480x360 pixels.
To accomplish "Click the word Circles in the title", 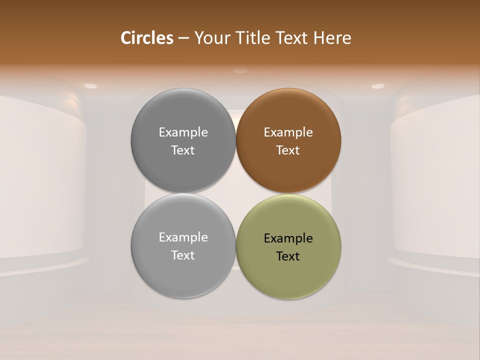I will (146, 38).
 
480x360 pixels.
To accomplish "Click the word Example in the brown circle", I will (288, 132).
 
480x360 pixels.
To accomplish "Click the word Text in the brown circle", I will (288, 150).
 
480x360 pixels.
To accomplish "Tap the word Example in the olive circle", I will (288, 238).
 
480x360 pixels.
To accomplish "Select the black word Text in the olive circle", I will (288, 256).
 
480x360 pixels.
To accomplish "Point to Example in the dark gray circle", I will (183, 132).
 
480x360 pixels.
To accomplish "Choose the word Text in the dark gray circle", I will (183, 150).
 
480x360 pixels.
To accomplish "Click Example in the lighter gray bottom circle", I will (183, 237).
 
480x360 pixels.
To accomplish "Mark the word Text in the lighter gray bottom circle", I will (183, 255).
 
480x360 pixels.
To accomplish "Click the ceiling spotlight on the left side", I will (90, 86).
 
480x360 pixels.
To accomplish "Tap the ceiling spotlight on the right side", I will (378, 86).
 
